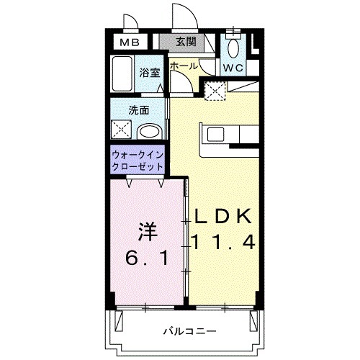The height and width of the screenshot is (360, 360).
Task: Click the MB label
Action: point(129,42)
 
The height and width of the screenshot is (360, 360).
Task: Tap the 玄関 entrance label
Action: point(186,42)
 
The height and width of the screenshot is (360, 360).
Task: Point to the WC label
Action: point(232,68)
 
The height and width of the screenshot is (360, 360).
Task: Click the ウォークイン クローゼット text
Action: point(137,160)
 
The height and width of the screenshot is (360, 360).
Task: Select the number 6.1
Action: point(148,258)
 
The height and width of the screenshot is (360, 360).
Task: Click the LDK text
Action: point(220,217)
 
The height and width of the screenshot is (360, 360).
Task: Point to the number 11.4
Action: point(221,243)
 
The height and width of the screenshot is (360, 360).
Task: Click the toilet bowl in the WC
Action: point(233,48)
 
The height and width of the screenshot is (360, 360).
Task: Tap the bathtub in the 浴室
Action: point(121,74)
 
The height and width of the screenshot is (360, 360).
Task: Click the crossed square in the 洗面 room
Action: point(120,130)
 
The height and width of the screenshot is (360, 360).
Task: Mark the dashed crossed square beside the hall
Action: point(214,90)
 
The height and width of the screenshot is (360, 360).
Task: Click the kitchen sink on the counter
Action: point(215,134)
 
